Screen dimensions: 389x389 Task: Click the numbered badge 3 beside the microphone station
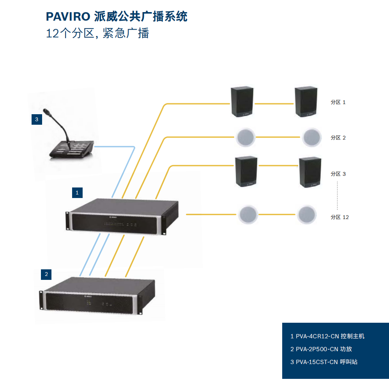[37, 120]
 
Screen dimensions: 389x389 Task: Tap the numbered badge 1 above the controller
[77, 193]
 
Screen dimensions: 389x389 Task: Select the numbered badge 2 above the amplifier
[46, 274]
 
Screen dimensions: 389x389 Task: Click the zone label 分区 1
[338, 103]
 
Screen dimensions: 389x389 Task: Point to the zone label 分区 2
[338, 138]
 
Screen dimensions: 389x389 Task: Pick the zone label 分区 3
[338, 174]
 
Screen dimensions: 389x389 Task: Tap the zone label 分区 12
[339, 217]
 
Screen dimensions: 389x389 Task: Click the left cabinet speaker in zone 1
[242, 102]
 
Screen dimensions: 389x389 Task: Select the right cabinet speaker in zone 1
[307, 102]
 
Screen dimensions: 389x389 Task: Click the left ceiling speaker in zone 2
[246, 137]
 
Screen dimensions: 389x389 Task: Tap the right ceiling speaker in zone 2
[312, 137]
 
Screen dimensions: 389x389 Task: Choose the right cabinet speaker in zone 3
[310, 172]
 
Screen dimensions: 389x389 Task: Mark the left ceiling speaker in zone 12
[248, 214]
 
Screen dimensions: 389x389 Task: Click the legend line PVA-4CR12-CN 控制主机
[327, 336]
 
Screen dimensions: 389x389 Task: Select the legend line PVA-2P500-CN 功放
[321, 349]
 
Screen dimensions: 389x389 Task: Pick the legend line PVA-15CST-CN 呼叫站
[324, 362]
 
